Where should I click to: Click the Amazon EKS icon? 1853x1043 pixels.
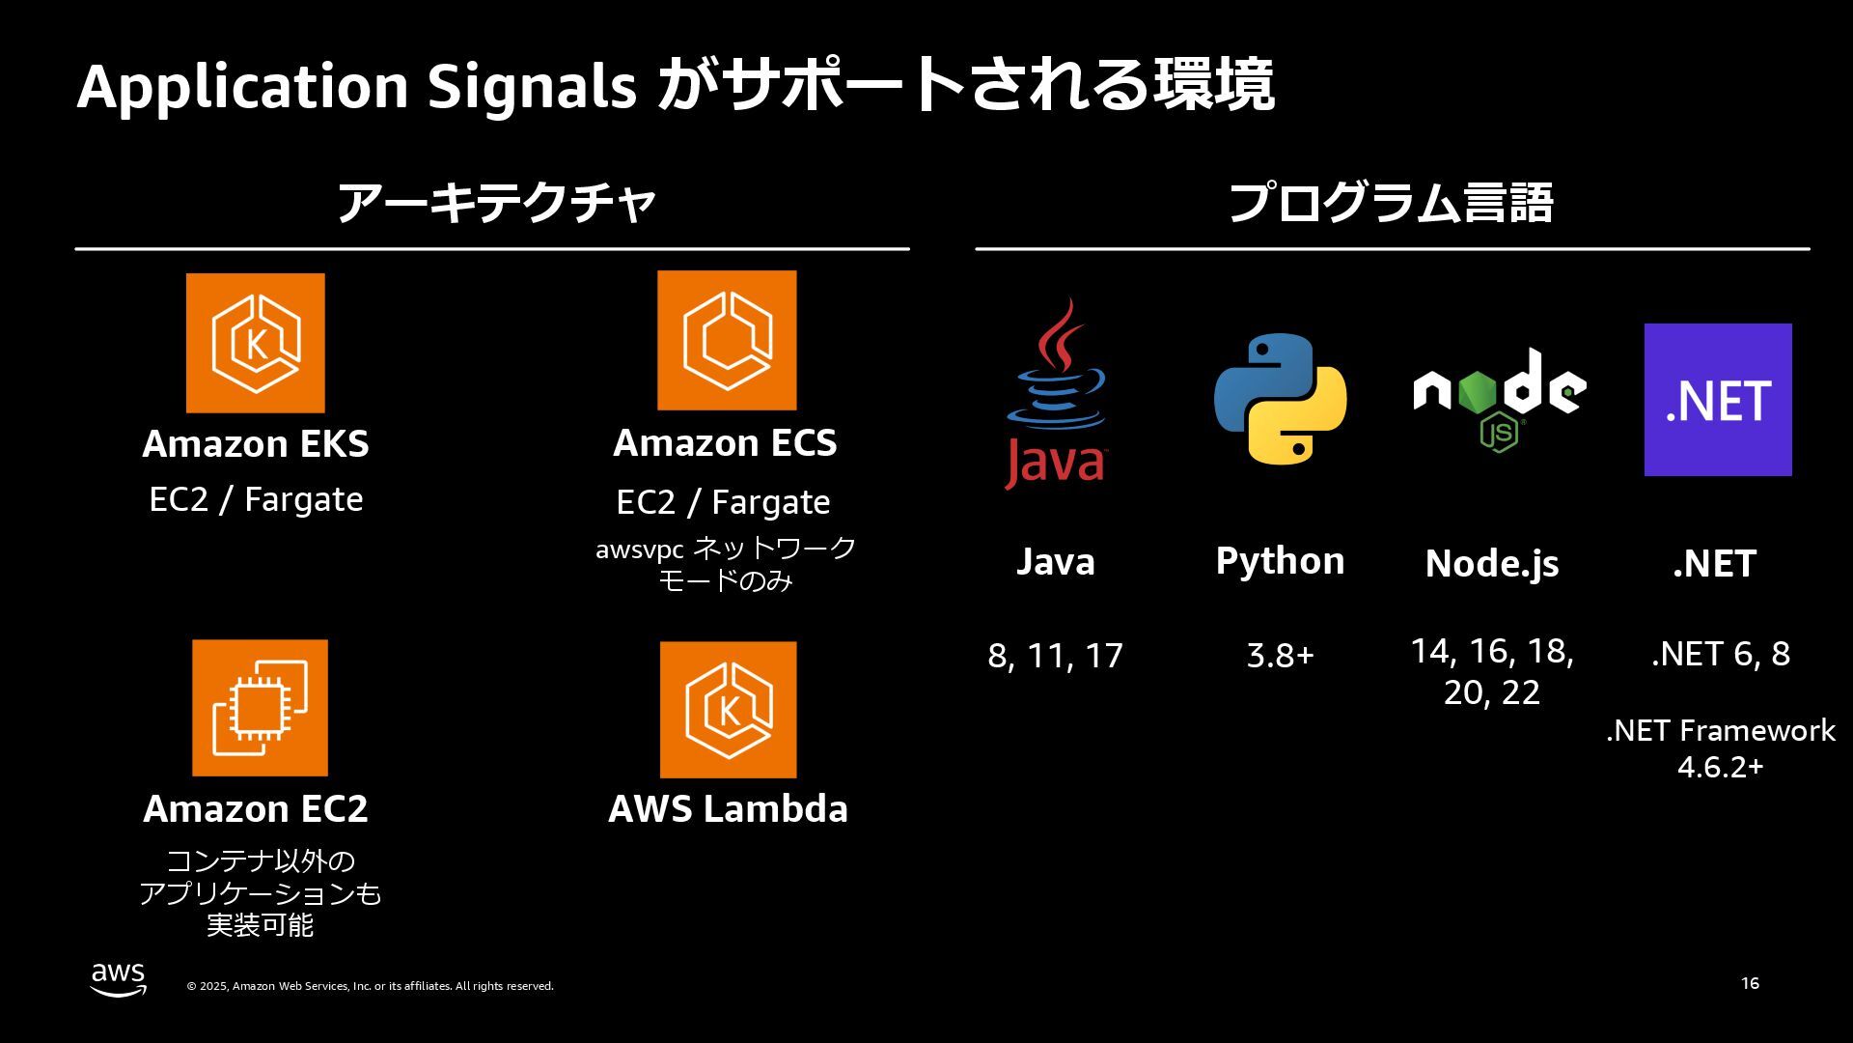coord(256,343)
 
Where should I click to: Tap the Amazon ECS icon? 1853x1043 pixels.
coord(727,340)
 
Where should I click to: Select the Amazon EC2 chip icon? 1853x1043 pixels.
coord(260,708)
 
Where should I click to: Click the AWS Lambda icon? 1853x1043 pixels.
coord(728,710)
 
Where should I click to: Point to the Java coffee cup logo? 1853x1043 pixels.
coord(1056,394)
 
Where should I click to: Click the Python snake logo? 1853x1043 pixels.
coord(1280,399)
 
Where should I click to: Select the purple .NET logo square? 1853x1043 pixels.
coord(1718,400)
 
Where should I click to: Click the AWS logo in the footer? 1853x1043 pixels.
coord(119,979)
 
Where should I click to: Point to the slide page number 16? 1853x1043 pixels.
coord(1750,983)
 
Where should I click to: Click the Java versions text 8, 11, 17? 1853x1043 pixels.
coord(1055,656)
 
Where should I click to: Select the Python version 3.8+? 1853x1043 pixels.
coord(1280,656)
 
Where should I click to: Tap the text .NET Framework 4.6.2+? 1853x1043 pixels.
coord(1720,748)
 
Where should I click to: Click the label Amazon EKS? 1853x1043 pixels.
coord(256,444)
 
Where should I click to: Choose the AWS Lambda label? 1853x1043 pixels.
coord(728,809)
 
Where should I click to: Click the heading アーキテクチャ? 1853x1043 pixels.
coord(496,204)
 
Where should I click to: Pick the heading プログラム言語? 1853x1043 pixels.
coord(1391,204)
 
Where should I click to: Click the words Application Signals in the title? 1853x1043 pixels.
coord(356,86)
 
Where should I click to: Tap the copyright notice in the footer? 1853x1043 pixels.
coord(370,986)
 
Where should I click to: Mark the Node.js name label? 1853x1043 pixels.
coord(1492,564)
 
